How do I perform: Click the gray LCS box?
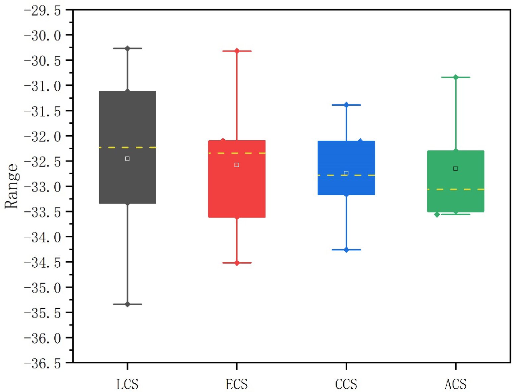pos(127,120)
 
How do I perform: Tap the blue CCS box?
pos(346,156)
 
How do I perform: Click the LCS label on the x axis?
pos(127,384)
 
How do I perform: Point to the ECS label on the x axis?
pos(237,384)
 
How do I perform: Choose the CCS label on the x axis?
pos(346,384)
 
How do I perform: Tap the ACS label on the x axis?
pos(456,384)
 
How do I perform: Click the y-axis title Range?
pos(12,186)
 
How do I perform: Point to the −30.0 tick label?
pos(42,35)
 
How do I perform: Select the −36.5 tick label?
pos(42,363)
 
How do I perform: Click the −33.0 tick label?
pos(42,187)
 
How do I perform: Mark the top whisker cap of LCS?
pos(127,48)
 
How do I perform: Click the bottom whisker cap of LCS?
pos(127,304)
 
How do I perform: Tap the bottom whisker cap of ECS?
pos(237,263)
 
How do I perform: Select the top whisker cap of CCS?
pos(346,105)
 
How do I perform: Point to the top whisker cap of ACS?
pos(456,77)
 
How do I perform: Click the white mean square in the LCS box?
pos(127,159)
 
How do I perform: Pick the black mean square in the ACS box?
pos(456,169)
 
